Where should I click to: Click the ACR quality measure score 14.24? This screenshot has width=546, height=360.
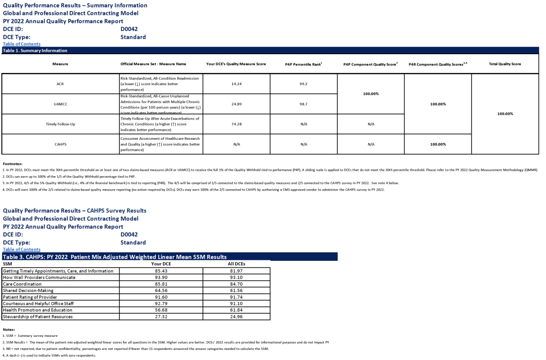[x=236, y=84]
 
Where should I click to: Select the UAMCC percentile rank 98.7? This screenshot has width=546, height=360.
[x=304, y=104]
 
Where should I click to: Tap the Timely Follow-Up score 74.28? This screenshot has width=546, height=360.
[x=236, y=124]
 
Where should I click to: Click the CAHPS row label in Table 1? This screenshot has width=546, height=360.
[x=60, y=144]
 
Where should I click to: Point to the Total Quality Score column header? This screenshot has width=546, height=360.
[x=505, y=64]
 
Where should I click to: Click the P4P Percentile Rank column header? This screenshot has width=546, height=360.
[x=304, y=64]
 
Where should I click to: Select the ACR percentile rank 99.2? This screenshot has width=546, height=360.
[x=304, y=84]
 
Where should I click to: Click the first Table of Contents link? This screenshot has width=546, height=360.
[x=21, y=44]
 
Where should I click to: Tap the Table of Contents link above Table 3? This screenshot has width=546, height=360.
[x=21, y=249]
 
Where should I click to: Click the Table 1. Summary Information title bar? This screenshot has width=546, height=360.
[x=35, y=51]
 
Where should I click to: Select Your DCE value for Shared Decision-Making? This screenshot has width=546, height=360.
[x=161, y=291]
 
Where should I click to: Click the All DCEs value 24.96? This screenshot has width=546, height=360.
[x=236, y=317]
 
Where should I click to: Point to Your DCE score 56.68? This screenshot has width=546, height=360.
[x=161, y=310]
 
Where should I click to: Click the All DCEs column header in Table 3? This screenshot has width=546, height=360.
[x=236, y=264]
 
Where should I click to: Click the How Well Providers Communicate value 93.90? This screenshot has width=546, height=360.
[x=161, y=277]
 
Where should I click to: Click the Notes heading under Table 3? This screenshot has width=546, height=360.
[x=9, y=329]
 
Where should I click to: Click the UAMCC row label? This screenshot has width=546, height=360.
[x=60, y=104]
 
